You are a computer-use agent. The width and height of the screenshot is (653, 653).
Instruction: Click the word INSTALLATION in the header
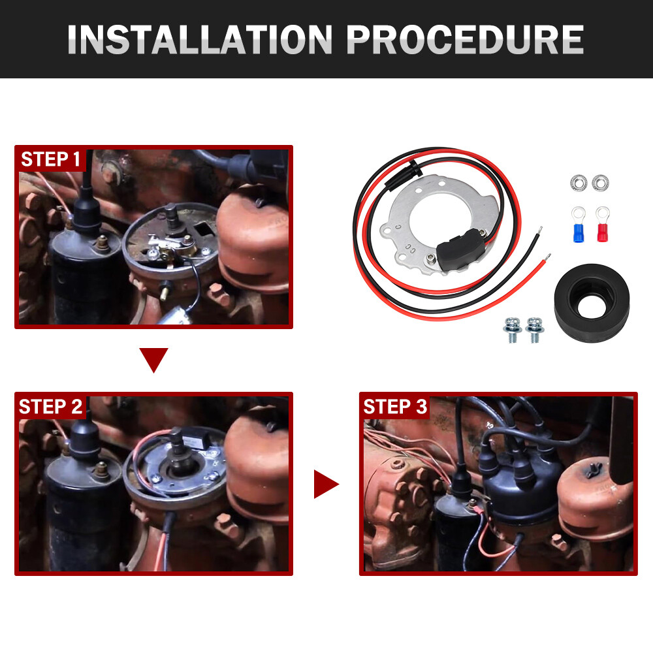click(x=199, y=40)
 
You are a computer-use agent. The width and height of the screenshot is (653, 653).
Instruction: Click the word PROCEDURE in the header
click(x=465, y=40)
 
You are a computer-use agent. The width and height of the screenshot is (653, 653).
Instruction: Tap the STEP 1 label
click(x=50, y=159)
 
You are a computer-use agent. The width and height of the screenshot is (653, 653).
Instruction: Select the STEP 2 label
click(x=50, y=406)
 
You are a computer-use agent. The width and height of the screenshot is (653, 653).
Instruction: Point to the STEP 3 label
click(x=395, y=406)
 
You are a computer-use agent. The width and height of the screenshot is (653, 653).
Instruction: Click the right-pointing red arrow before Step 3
click(x=326, y=484)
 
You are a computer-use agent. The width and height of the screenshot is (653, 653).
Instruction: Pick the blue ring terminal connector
click(x=579, y=225)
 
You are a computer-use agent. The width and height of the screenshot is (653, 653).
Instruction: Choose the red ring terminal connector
click(x=602, y=224)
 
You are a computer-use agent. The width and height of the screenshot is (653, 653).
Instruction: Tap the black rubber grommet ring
click(x=592, y=303)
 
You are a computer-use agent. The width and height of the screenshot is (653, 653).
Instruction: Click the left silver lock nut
click(x=579, y=183)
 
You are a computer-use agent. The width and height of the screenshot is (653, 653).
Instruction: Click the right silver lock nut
click(x=600, y=183)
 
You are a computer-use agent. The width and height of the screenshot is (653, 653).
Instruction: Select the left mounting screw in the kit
click(x=513, y=330)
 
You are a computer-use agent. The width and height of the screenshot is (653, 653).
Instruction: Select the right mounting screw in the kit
click(x=534, y=330)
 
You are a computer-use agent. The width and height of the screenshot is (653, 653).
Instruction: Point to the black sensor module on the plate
click(x=460, y=249)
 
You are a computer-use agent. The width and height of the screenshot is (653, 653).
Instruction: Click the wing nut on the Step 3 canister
click(x=594, y=470)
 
